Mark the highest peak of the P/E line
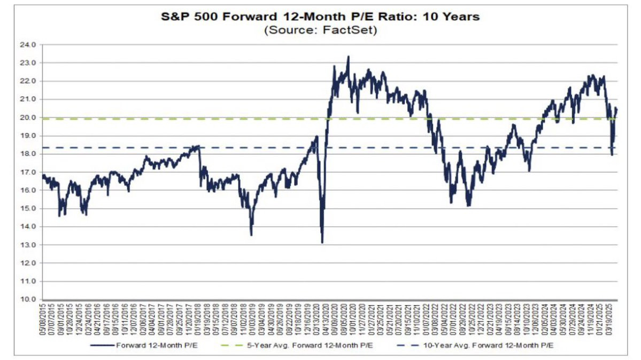[x=349, y=56]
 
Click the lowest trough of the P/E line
[x=322, y=242]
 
